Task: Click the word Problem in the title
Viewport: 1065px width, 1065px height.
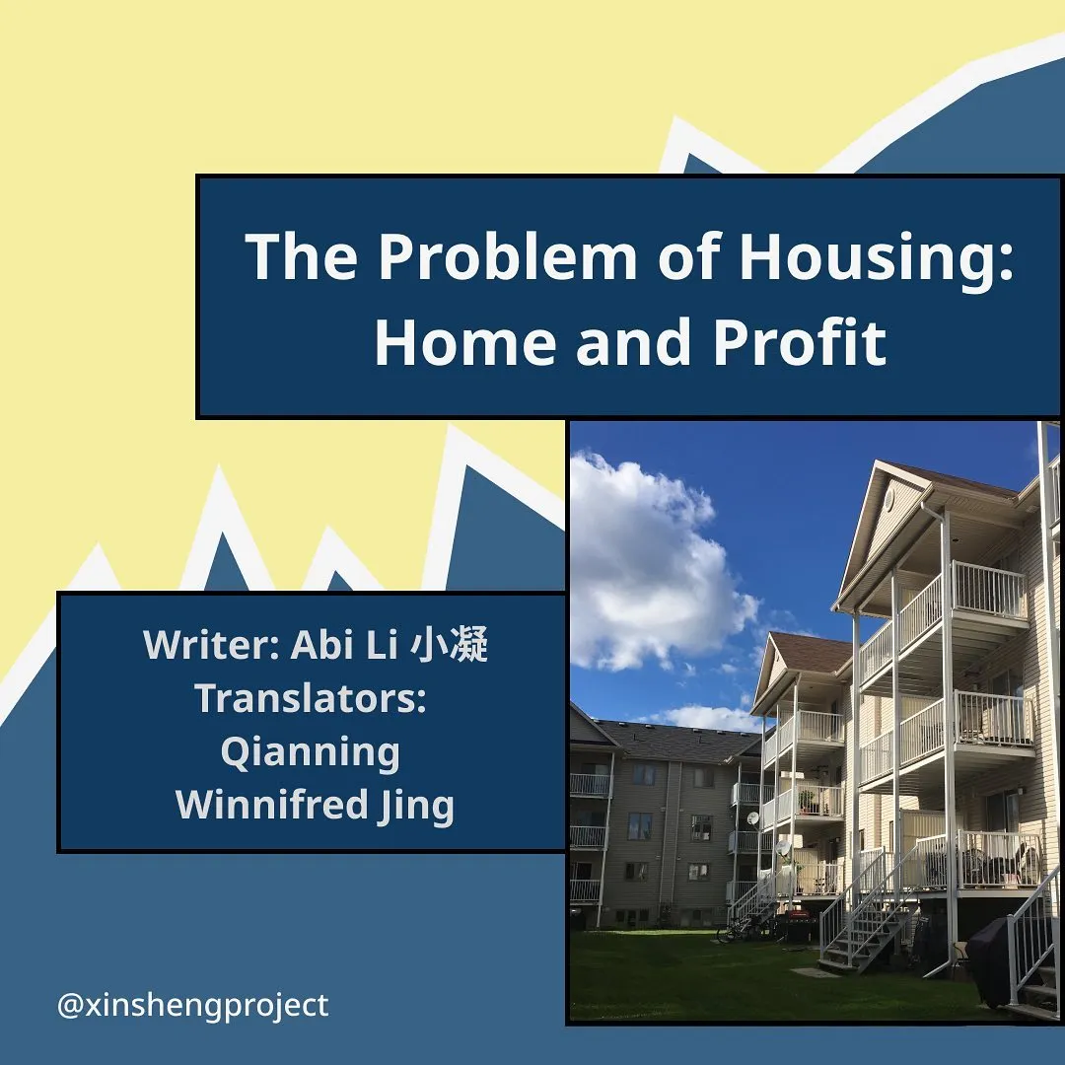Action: pos(508,256)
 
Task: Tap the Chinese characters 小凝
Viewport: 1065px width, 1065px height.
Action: pos(450,644)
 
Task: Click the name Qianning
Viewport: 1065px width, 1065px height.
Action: pos(311,753)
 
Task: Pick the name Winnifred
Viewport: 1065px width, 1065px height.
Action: pos(272,805)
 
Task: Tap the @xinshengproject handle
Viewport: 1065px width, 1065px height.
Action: pos(193,1005)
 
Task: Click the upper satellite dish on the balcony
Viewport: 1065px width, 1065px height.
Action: pos(752,818)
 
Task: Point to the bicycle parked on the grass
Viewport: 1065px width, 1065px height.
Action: pos(730,933)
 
